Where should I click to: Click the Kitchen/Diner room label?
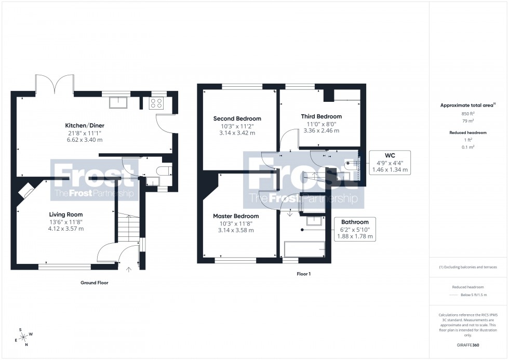(x=84, y=126)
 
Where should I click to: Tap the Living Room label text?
(x=66, y=215)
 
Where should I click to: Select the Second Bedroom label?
(x=237, y=118)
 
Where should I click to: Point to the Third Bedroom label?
(x=322, y=116)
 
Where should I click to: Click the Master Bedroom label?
(x=236, y=216)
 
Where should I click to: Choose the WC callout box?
(x=390, y=162)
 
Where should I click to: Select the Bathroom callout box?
(x=355, y=229)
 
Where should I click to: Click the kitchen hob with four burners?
(x=157, y=103)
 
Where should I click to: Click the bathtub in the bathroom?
(x=304, y=250)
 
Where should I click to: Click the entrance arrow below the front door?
(x=129, y=269)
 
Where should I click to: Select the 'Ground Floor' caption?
(x=94, y=283)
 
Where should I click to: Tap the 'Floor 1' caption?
(x=303, y=273)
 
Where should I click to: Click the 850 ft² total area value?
(x=468, y=114)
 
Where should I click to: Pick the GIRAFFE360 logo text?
(x=468, y=344)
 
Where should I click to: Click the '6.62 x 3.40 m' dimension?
(x=84, y=140)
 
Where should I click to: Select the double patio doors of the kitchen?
(x=55, y=84)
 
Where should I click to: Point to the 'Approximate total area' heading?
(x=466, y=105)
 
